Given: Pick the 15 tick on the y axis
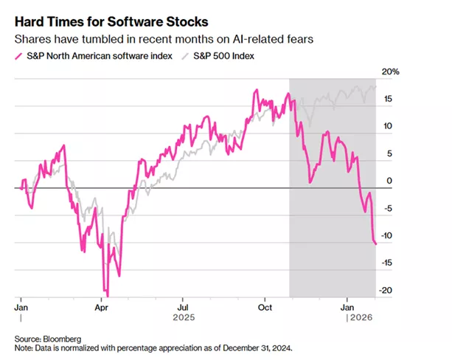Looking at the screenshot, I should click(x=389, y=99).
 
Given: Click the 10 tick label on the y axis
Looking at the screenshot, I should click(x=389, y=126).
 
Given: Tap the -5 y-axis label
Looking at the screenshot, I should click(x=389, y=208).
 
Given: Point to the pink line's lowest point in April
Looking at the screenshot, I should click(x=107, y=294).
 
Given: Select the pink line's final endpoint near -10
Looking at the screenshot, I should click(x=375, y=243).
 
